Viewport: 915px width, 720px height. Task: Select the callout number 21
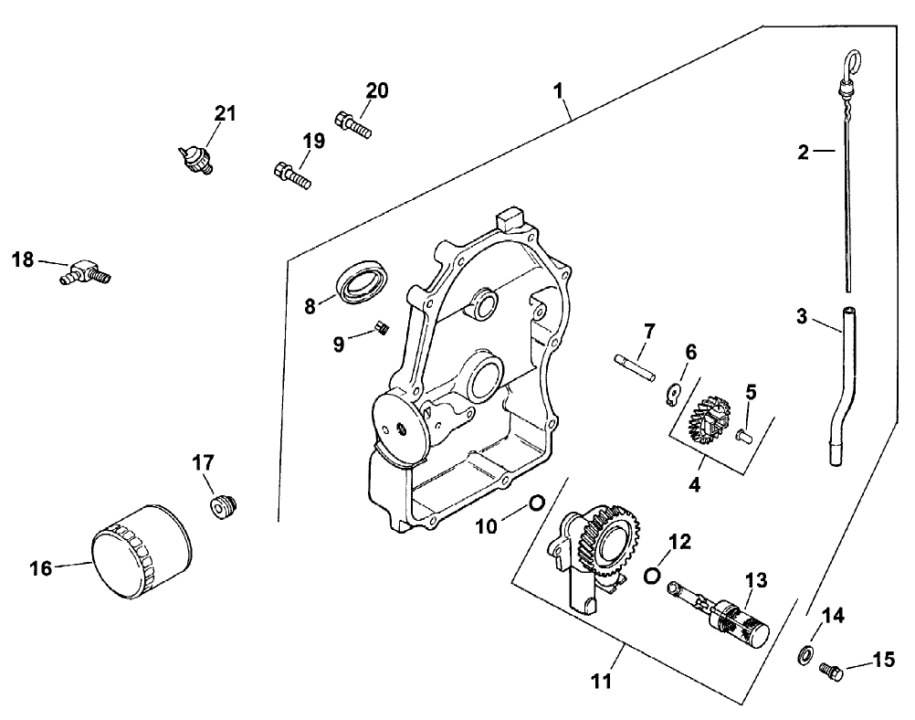(x=225, y=114)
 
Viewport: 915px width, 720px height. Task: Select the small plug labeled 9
(x=384, y=328)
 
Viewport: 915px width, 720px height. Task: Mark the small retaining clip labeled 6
(x=671, y=393)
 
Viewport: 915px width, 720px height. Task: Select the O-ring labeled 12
(x=652, y=575)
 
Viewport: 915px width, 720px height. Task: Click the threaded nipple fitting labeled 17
(x=223, y=505)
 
